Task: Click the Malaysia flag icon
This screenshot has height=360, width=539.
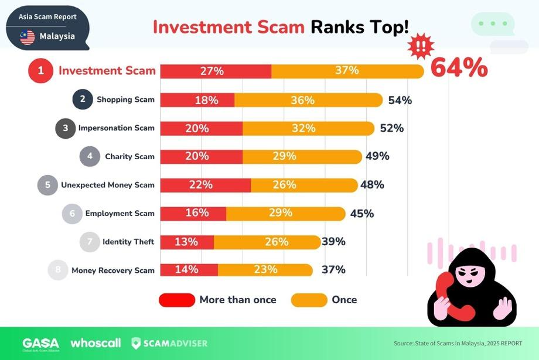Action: tap(28, 37)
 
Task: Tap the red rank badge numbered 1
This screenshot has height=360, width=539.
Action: tap(40, 71)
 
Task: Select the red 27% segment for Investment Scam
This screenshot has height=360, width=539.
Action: tap(216, 71)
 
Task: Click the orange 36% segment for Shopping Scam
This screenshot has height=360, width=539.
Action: tap(308, 100)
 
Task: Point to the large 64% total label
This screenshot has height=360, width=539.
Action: tap(459, 67)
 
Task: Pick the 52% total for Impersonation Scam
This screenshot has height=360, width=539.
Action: tap(392, 128)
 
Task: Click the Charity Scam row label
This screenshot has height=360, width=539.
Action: tap(129, 157)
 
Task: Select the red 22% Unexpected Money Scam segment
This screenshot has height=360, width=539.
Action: tap(206, 185)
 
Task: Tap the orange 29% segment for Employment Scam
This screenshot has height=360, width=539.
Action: tap(286, 214)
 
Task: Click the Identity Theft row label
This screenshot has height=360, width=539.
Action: tap(128, 242)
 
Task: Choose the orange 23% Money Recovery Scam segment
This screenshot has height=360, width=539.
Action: tap(265, 270)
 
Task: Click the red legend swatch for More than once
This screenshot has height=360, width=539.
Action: tap(177, 300)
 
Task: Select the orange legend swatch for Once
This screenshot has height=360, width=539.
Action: tap(309, 300)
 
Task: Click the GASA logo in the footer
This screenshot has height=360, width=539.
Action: tap(40, 344)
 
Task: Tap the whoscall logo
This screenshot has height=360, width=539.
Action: tap(95, 343)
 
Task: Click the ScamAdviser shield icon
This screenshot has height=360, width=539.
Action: tap(136, 343)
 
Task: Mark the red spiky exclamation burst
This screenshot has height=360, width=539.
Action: tap(421, 46)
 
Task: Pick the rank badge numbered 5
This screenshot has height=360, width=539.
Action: tap(47, 185)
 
